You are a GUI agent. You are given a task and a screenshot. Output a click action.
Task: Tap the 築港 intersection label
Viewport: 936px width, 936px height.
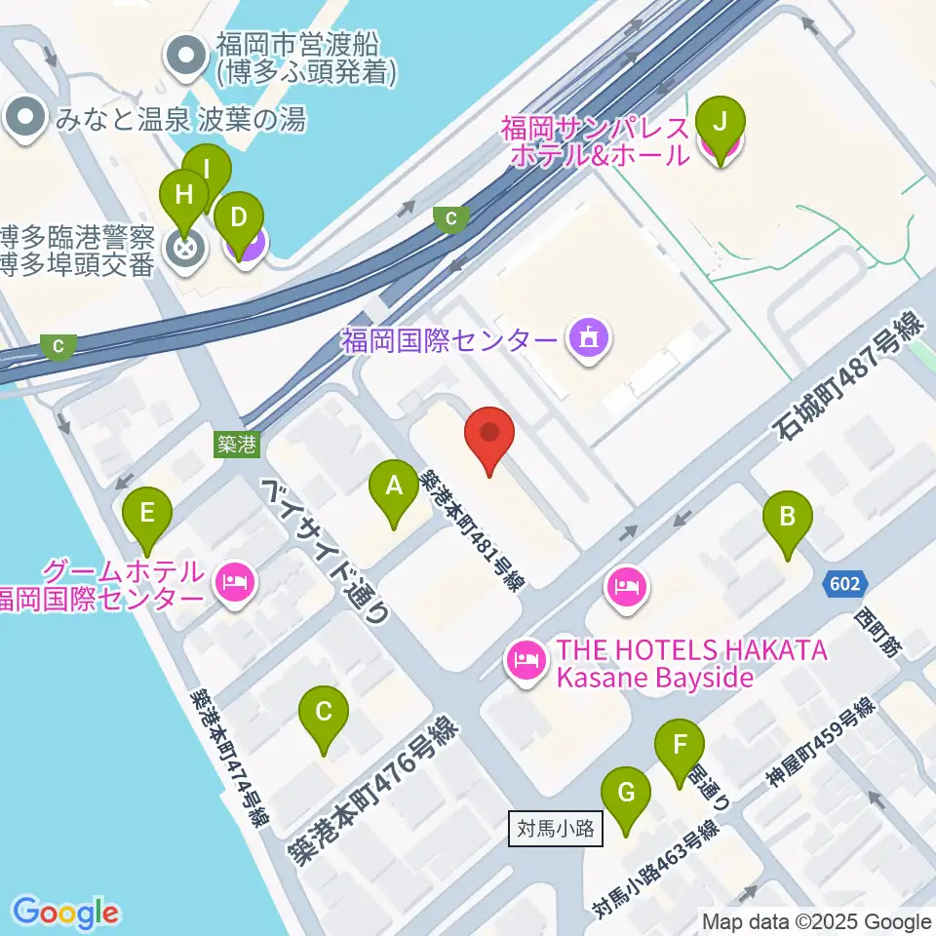[x=236, y=445]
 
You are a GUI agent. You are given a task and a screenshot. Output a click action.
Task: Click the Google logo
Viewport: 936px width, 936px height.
[x=65, y=913]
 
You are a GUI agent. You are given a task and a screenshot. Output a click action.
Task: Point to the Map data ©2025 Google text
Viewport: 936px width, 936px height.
[x=816, y=921]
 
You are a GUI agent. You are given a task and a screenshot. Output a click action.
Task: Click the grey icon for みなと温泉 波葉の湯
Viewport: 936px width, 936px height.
[x=25, y=119]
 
